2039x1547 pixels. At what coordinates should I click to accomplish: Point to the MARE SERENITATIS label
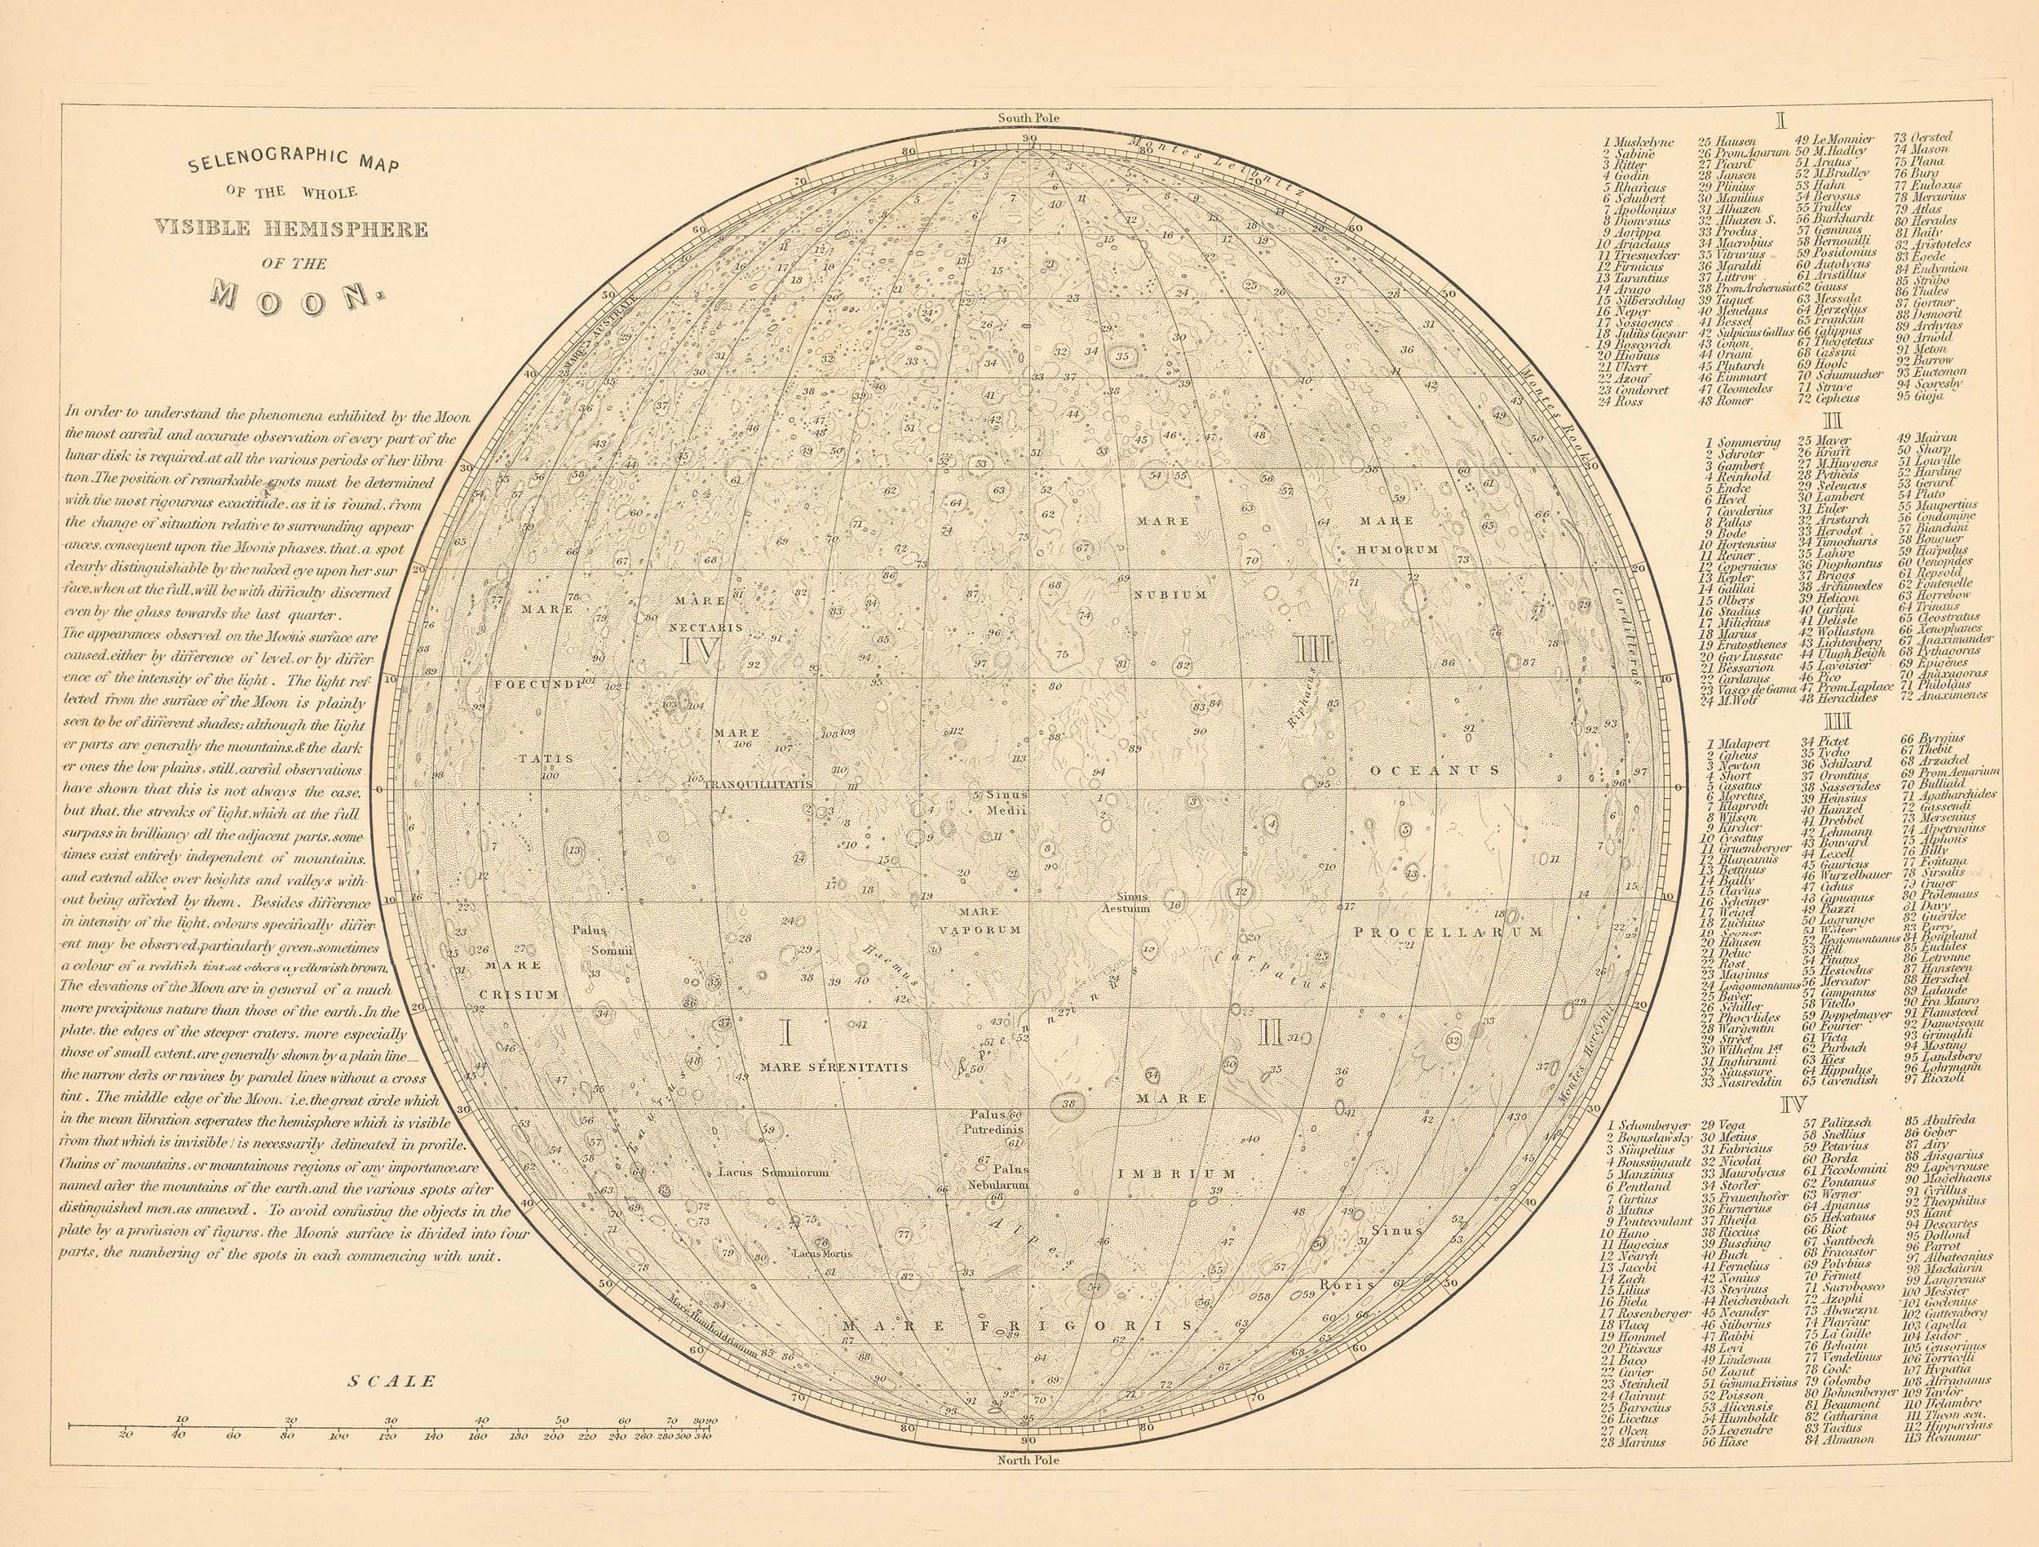tap(834, 1066)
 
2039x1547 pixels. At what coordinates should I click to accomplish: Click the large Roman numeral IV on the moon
tap(698, 652)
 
